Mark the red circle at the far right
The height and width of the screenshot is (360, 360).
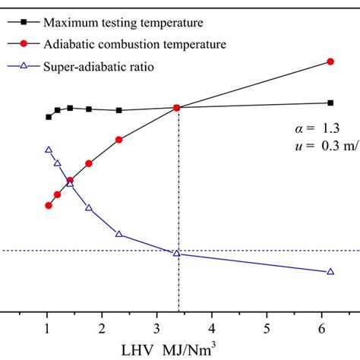330,62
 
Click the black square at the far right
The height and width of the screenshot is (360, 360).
330,103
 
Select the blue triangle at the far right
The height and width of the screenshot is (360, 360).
330,271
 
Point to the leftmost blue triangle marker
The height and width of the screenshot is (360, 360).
49,150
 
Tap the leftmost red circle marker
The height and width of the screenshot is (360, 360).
49,205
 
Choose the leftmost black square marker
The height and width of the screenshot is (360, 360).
49,117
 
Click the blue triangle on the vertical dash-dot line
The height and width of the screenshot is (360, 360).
177,253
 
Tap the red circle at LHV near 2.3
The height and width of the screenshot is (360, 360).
118,140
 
